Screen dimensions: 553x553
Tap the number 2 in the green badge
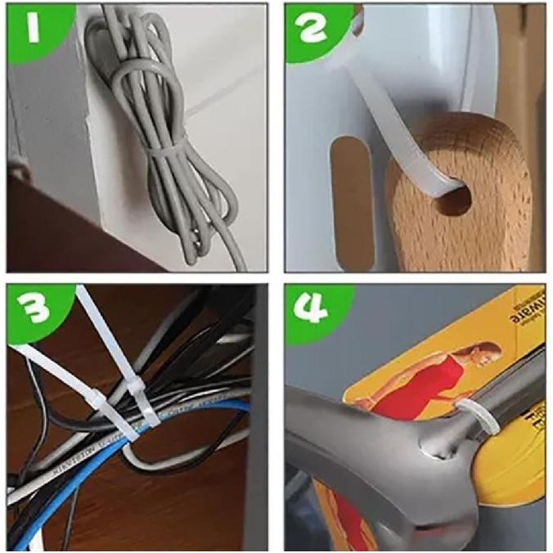pos(314,30)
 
